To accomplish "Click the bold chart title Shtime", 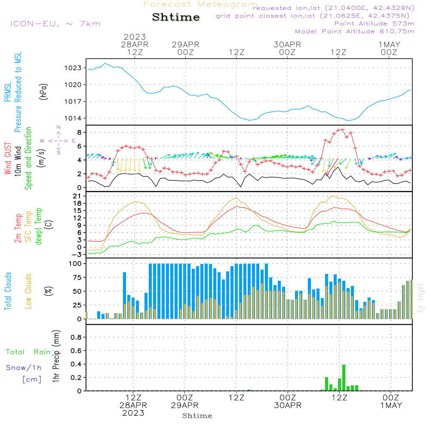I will point(176,17).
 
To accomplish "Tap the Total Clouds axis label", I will point(8,291).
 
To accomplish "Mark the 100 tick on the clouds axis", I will point(76,264).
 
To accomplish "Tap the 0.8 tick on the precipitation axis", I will point(76,338).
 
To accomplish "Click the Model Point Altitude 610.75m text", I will point(355,31).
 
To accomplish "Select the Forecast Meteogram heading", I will point(200,4).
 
